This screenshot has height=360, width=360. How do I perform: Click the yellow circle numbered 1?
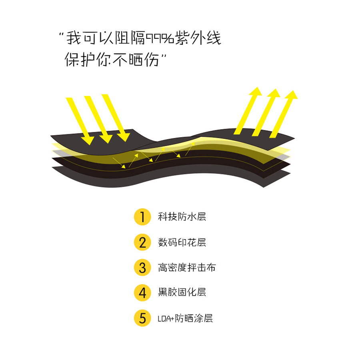(142, 217)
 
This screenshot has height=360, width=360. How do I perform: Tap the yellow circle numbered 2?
(142, 242)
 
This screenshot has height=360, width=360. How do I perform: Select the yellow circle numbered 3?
(142, 267)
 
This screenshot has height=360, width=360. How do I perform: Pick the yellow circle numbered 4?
(142, 292)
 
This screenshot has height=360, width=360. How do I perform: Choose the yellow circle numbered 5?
(142, 318)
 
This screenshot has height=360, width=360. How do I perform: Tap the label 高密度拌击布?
(187, 267)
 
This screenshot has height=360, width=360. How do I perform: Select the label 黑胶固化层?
(182, 292)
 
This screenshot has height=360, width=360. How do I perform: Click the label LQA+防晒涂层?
(185, 318)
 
